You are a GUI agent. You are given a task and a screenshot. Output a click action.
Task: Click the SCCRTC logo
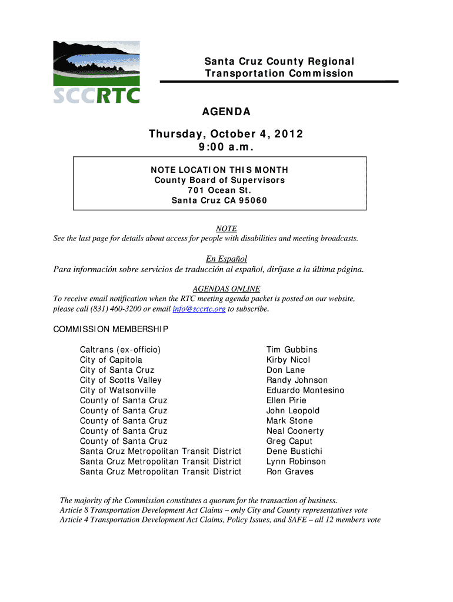96,73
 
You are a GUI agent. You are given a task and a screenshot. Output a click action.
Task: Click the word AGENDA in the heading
226,112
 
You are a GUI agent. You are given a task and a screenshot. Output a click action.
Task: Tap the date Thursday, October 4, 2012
226,134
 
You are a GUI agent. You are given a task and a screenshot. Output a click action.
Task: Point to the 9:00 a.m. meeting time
226,146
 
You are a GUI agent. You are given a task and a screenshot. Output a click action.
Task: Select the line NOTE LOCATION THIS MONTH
219,170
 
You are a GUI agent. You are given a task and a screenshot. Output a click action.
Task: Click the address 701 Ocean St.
219,190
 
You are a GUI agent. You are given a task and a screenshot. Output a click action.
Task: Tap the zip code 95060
252,200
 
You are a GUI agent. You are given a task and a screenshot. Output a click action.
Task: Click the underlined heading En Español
226,259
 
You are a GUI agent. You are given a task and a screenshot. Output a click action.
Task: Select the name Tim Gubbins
292,350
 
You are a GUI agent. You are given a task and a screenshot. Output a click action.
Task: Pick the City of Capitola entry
111,360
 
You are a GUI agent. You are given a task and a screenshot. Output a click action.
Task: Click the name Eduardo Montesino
305,390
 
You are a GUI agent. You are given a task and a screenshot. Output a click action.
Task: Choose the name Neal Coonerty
295,431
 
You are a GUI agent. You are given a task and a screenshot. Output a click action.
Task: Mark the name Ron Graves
290,471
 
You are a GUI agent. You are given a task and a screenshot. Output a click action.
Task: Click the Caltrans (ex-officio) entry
120,350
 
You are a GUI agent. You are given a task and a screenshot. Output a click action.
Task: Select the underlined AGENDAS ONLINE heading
226,289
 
